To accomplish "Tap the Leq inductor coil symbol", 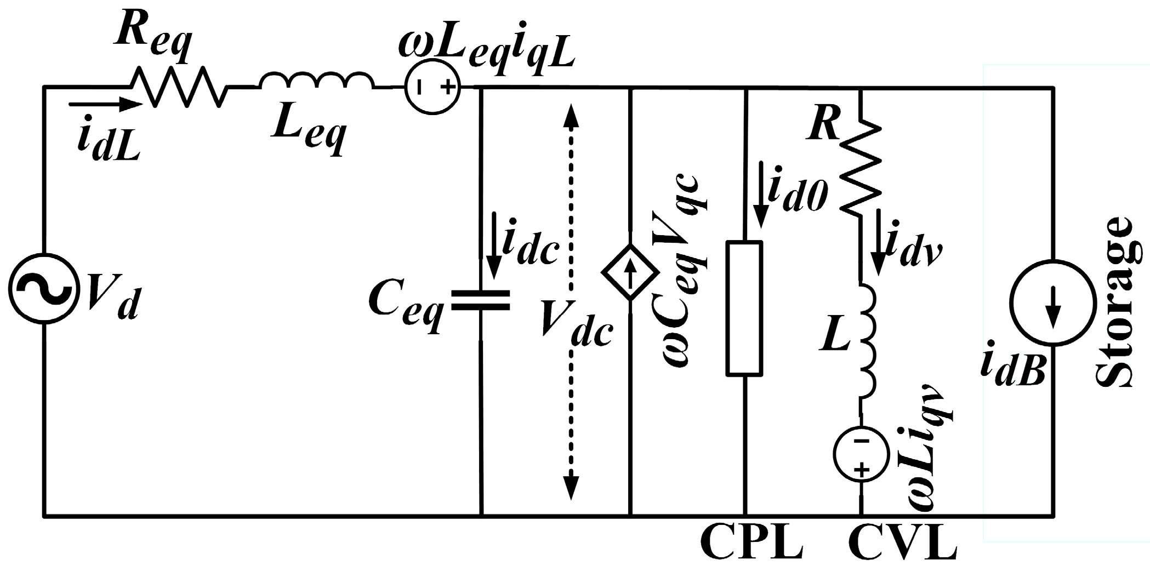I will (317, 82).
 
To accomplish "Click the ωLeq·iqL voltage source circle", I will (432, 87).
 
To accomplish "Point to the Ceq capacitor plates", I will (481, 301).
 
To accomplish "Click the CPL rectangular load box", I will (744, 309).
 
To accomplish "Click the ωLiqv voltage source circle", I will (861, 454).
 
